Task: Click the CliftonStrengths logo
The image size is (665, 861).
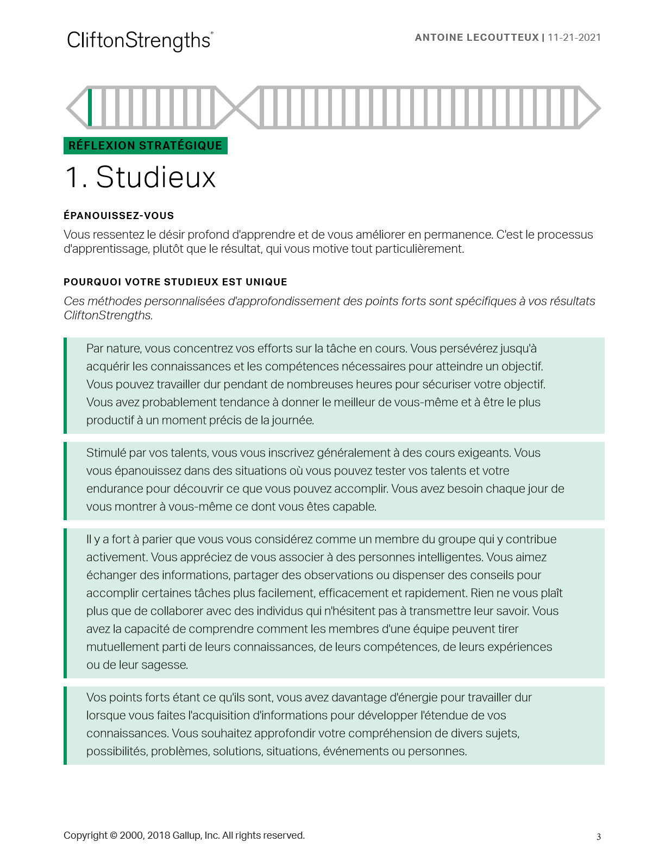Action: click(139, 41)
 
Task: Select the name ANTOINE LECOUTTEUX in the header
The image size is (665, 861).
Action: click(476, 38)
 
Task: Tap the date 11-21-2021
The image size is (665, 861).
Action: click(574, 38)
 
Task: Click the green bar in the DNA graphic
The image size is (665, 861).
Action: click(90, 107)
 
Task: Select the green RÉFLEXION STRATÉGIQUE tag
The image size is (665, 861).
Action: click(145, 146)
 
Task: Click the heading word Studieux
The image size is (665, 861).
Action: click(156, 177)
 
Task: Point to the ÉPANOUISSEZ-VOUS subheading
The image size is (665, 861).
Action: click(118, 216)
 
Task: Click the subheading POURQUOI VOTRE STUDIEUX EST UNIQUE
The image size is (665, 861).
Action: click(175, 282)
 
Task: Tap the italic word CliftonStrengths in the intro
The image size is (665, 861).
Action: click(108, 315)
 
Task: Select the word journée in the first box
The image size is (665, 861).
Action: click(293, 420)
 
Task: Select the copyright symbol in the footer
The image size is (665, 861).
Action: click(114, 835)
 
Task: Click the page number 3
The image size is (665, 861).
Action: click(599, 837)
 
